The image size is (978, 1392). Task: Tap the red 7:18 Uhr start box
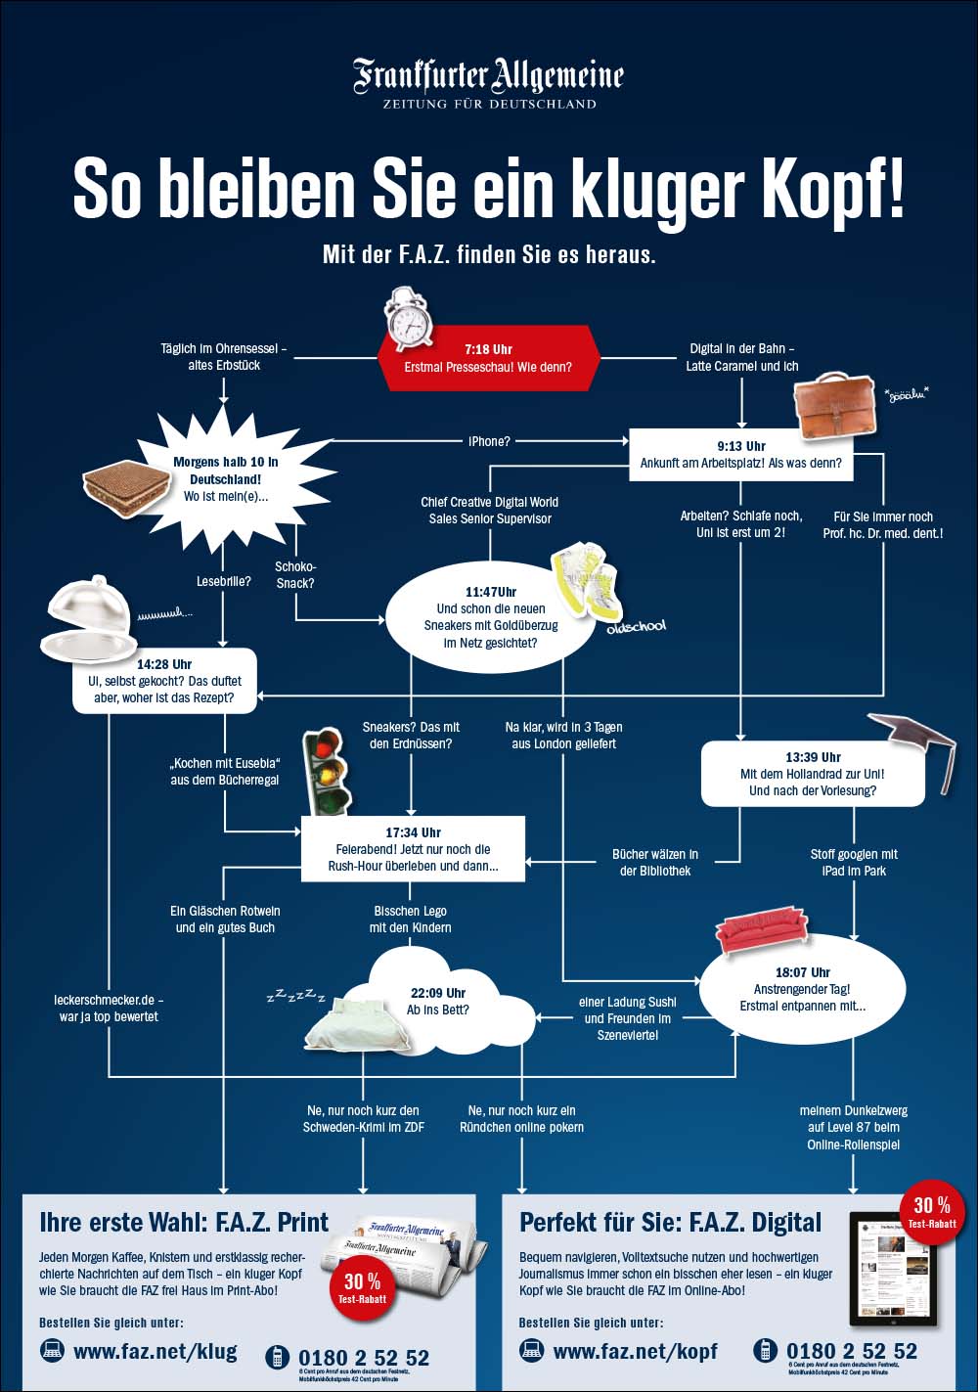pyautogui.click(x=488, y=358)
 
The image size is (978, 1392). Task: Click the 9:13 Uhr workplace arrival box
pyautogui.click(x=740, y=455)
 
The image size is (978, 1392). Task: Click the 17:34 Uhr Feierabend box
pyautogui.click(x=413, y=849)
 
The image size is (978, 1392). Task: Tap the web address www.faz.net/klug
pyautogui.click(x=155, y=1352)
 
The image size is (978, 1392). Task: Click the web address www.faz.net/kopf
pyautogui.click(x=635, y=1352)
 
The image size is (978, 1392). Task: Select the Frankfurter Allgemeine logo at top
pyautogui.click(x=488, y=83)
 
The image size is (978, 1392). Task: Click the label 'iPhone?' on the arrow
pyautogui.click(x=489, y=441)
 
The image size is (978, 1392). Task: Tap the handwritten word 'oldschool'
pyautogui.click(x=636, y=626)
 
